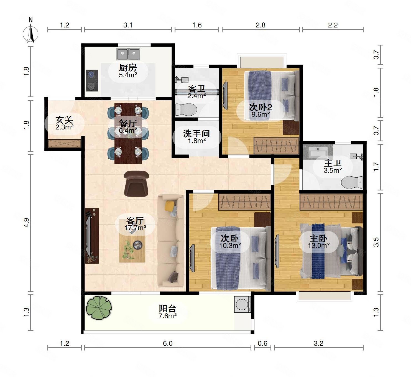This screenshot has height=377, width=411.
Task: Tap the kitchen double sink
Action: click(x=128, y=54)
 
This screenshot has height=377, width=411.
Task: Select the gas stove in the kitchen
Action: click(x=92, y=81)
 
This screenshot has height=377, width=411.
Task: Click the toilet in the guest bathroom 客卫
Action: click(x=186, y=109)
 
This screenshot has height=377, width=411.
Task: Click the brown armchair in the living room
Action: click(x=136, y=184)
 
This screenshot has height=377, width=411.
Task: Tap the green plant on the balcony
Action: click(x=99, y=308)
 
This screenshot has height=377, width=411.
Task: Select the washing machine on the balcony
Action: click(x=242, y=304)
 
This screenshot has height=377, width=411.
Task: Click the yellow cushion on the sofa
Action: click(x=170, y=205)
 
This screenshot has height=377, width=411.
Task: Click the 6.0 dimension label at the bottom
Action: click(x=168, y=343)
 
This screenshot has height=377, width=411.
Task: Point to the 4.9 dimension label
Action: click(x=26, y=223)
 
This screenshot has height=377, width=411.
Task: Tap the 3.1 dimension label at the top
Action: click(x=128, y=25)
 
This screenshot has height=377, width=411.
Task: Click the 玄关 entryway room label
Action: click(x=64, y=120)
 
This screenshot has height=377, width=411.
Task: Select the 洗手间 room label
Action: click(x=196, y=134)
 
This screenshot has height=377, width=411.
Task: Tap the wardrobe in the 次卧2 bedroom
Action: click(x=276, y=146)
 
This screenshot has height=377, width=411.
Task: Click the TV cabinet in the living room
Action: click(x=92, y=236)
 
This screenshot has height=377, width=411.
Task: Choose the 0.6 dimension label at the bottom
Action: click(x=262, y=343)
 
